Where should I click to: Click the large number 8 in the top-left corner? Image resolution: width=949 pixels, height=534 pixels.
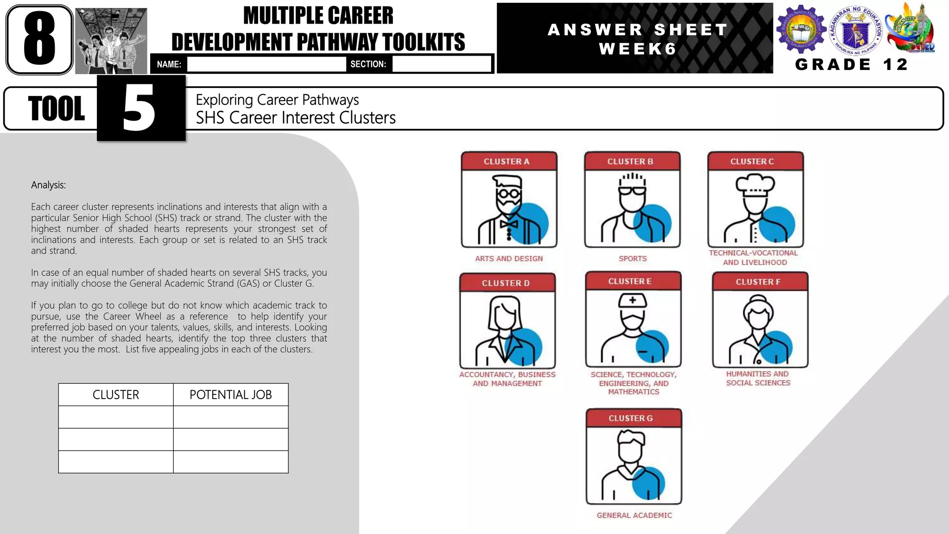click(x=39, y=39)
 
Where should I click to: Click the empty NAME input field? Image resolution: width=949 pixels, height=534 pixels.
click(x=266, y=64)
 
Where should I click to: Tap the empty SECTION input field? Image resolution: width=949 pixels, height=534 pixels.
click(x=441, y=64)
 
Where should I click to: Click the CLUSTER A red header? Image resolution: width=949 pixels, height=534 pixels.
click(x=509, y=161)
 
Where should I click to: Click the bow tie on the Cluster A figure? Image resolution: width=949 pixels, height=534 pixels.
click(x=508, y=224)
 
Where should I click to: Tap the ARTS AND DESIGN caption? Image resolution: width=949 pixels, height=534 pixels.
click(x=509, y=259)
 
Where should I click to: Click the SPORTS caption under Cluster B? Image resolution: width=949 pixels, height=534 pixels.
click(x=633, y=259)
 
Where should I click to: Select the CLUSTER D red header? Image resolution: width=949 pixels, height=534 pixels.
click(x=507, y=283)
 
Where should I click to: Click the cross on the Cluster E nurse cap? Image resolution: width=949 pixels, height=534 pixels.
click(x=633, y=300)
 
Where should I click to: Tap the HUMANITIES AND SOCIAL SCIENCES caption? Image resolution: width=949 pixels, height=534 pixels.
click(x=758, y=378)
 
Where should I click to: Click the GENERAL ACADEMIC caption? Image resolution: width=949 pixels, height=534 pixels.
click(x=634, y=515)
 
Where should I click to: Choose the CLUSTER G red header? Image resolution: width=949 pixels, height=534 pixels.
click(x=633, y=418)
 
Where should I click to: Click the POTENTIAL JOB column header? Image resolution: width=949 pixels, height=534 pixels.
click(x=230, y=394)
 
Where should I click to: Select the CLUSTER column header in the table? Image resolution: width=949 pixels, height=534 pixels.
click(x=116, y=394)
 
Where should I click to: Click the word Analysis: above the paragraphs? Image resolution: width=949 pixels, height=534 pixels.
click(x=48, y=185)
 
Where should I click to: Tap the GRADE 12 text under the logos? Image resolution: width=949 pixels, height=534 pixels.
click(x=852, y=64)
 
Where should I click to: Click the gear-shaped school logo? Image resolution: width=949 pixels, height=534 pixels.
click(x=801, y=29)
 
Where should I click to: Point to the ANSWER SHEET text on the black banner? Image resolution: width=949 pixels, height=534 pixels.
click(x=638, y=30)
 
